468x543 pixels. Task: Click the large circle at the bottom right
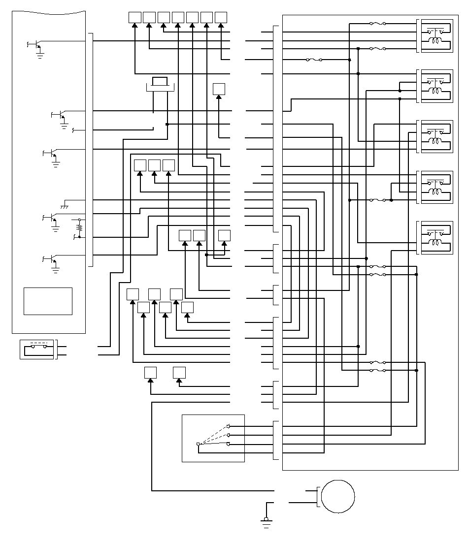(x=338, y=497)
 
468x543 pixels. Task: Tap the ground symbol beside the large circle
(x=267, y=522)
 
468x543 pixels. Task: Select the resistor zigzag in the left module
(x=79, y=228)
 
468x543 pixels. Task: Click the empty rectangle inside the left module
(x=48, y=301)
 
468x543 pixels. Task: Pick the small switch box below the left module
(x=36, y=349)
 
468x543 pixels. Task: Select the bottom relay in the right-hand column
(x=435, y=238)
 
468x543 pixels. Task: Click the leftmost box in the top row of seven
(x=134, y=17)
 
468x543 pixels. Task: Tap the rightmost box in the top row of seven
(x=221, y=17)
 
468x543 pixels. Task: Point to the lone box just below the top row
(x=219, y=89)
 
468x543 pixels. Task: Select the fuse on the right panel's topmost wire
(x=377, y=23)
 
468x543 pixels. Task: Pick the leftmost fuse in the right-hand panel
(x=314, y=60)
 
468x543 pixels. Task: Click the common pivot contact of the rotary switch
(x=198, y=445)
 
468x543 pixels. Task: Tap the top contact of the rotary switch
(x=228, y=426)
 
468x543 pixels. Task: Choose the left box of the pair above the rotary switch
(x=150, y=373)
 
